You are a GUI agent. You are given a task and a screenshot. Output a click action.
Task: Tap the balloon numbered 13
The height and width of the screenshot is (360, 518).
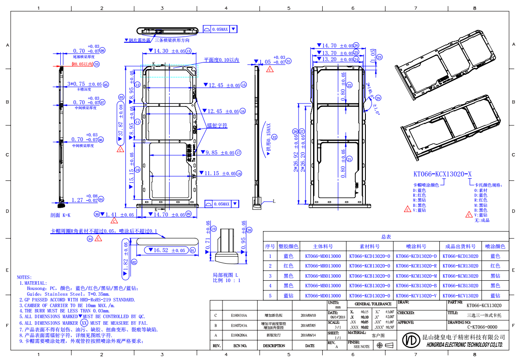click(188, 51)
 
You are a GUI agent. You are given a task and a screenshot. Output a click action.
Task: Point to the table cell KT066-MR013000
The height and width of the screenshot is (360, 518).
click(323, 266)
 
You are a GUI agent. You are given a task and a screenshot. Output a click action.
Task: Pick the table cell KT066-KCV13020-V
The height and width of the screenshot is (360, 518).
click(416, 296)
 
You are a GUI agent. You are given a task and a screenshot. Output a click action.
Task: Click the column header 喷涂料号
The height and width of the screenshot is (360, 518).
click(416, 246)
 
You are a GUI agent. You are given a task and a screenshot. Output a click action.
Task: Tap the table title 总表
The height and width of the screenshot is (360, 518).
click(386, 237)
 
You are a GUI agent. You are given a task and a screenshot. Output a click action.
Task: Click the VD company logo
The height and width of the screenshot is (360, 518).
click(411, 341)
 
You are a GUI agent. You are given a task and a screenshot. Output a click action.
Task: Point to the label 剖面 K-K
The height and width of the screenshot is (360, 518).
click(60, 216)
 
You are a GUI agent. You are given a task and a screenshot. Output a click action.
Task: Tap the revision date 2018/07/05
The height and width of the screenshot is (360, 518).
click(310, 326)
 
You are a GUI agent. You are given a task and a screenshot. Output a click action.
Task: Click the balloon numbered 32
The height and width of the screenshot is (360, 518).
click(275, 137)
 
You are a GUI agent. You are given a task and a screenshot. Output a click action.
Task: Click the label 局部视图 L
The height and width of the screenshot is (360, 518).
click(225, 275)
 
